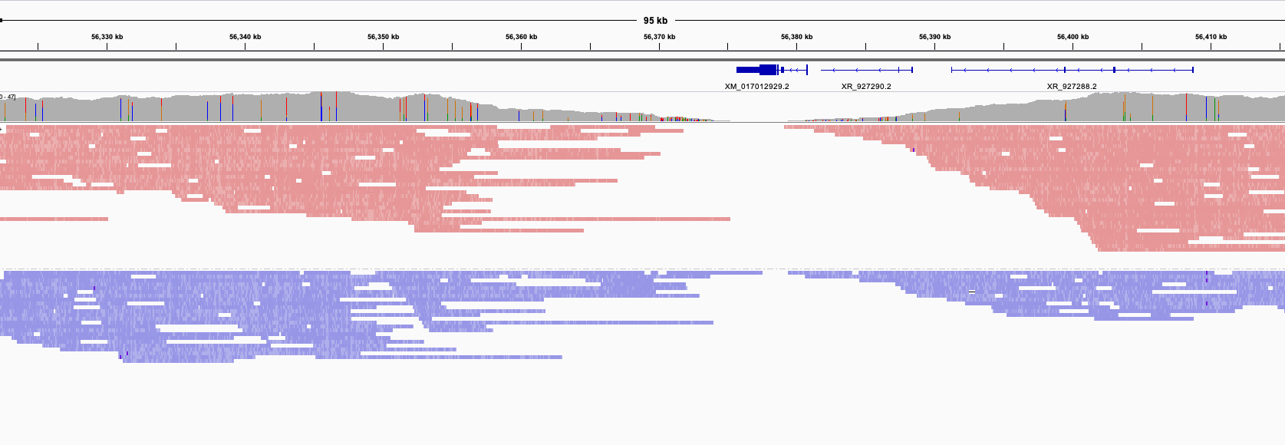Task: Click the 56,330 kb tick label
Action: [x=107, y=37]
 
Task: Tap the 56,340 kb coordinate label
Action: [x=245, y=37]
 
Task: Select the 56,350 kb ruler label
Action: [x=383, y=37]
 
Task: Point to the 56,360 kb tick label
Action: [x=521, y=37]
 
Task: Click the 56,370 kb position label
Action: [x=659, y=37]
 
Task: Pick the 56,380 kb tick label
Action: [x=796, y=37]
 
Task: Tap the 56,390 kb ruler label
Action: [x=934, y=37]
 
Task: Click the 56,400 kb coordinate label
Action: [x=1072, y=37]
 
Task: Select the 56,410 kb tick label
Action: [x=1211, y=37]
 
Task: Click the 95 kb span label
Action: [x=655, y=21]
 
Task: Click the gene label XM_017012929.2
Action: [x=756, y=87]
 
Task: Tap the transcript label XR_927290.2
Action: [x=866, y=87]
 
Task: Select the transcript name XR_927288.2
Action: [x=1072, y=87]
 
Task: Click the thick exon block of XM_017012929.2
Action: [x=756, y=70]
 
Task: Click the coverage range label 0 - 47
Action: [x=8, y=97]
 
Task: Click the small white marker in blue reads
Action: [x=972, y=292]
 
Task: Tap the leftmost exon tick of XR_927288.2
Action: [x=952, y=70]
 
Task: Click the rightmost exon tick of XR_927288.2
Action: [x=1193, y=70]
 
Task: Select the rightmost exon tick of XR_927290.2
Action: [x=912, y=70]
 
